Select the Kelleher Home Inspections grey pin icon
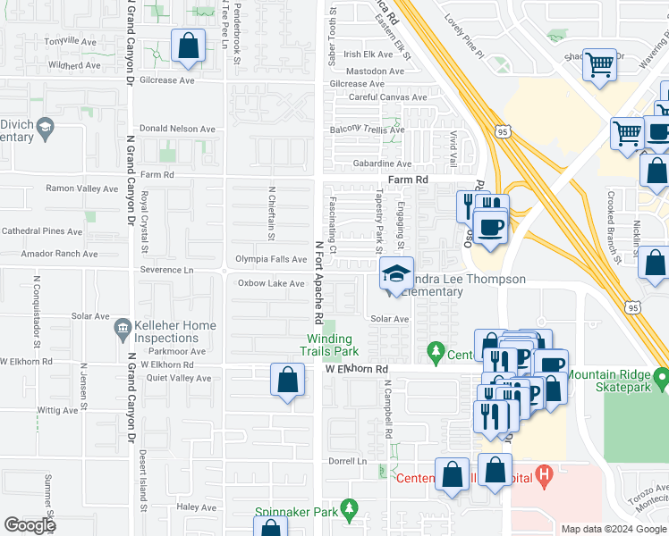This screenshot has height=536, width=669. coord(123,331)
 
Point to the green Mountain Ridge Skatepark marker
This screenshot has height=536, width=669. coord(662,379)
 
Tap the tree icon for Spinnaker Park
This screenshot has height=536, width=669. coord(348,511)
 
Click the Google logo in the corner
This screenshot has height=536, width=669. coord(30,525)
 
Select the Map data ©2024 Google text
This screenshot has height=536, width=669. coord(614,529)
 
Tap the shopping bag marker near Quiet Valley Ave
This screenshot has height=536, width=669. coord(286,381)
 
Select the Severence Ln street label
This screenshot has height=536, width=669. coord(165,270)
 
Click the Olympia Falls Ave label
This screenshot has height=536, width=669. coord(270,259)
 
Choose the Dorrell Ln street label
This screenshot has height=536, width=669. coord(348,461)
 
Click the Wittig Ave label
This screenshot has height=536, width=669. coord(57,411)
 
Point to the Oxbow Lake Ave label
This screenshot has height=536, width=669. coord(271,283)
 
